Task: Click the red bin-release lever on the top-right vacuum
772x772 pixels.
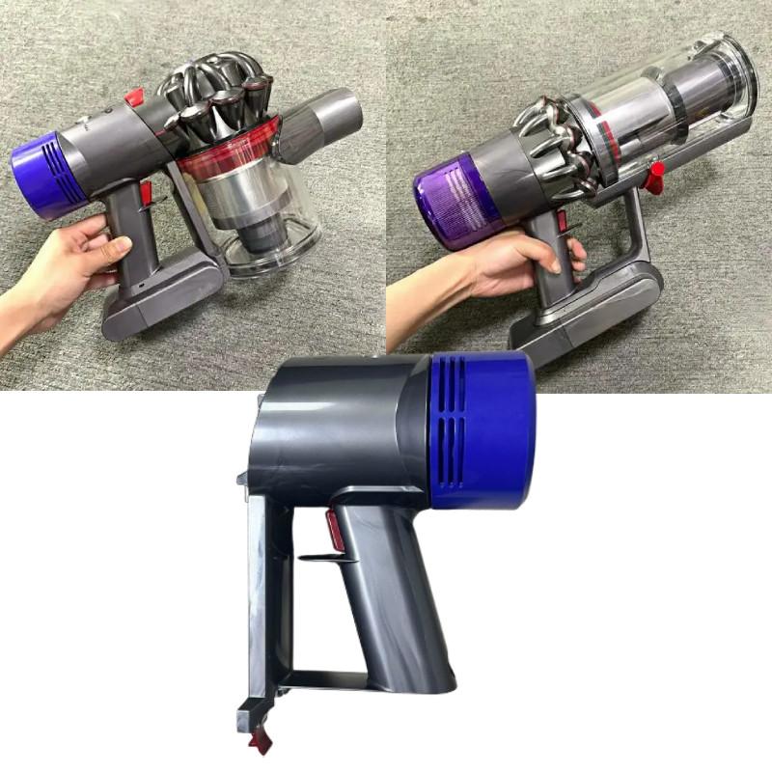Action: [x=656, y=175]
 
